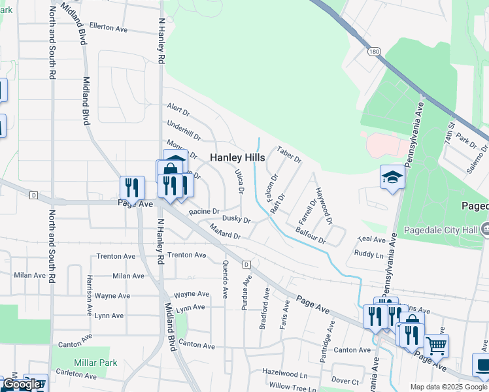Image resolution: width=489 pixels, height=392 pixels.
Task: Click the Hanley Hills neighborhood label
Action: [x=237, y=158]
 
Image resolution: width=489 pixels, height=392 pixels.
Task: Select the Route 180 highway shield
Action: [x=373, y=51]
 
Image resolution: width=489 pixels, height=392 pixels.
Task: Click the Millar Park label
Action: [x=95, y=362]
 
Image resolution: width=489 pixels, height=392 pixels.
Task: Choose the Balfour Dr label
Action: [x=311, y=235]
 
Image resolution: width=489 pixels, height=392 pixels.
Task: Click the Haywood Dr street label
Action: [x=324, y=204]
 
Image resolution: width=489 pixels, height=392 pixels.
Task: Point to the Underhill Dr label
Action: [x=184, y=130]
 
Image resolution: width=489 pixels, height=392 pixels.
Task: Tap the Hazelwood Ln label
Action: [x=284, y=375]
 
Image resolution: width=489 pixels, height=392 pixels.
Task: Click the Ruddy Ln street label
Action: [x=369, y=254]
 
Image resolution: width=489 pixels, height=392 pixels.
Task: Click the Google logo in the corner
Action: [x=22, y=384]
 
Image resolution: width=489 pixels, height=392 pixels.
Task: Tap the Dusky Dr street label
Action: [x=237, y=220]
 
